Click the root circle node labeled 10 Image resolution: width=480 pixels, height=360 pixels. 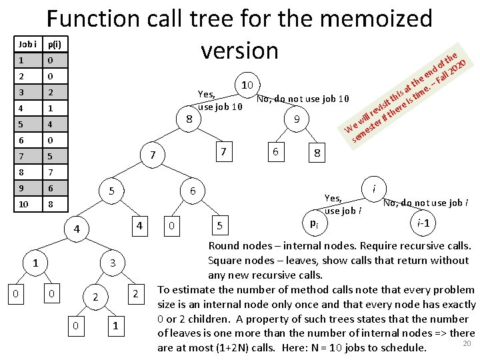(x=247, y=85)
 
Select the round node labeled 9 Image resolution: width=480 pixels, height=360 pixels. (x=297, y=120)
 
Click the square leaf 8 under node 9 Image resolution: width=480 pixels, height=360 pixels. (x=318, y=153)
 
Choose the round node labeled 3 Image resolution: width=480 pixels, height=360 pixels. (x=113, y=263)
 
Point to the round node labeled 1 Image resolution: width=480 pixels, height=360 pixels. (x=35, y=263)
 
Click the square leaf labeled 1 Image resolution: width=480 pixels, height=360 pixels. (x=116, y=325)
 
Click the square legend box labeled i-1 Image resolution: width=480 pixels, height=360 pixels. (x=422, y=222)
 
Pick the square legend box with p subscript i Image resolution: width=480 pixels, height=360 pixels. (x=313, y=223)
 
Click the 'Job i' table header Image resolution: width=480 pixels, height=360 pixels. (x=28, y=45)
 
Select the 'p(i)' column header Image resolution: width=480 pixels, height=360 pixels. (x=53, y=45)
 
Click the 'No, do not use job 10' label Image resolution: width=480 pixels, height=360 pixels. (x=303, y=99)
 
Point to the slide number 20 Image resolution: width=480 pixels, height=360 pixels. (x=467, y=343)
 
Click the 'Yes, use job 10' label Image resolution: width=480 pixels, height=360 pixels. (x=220, y=100)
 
